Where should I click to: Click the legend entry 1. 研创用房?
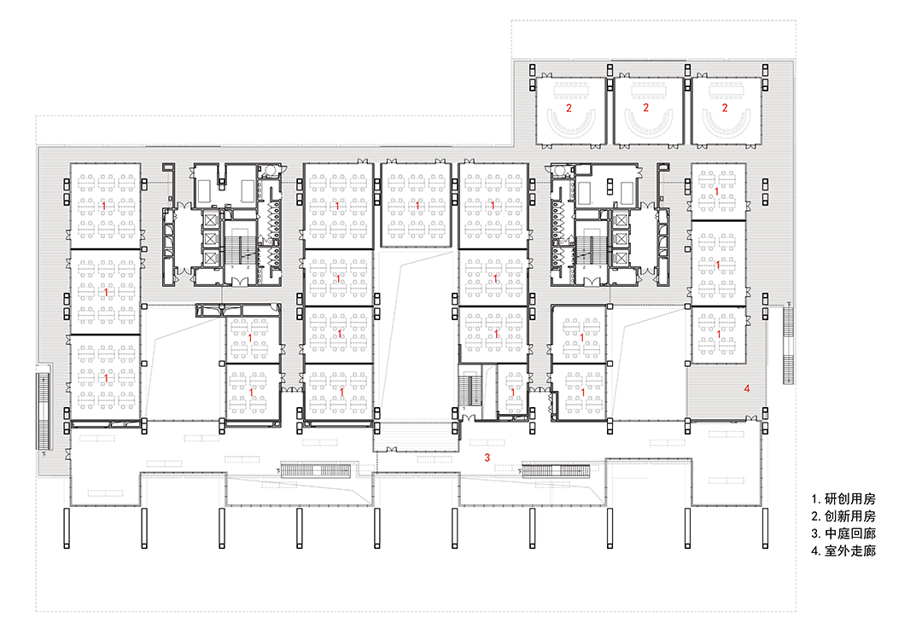pos(843,498)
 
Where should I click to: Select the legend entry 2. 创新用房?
pos(843,516)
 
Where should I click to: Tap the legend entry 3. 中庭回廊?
pos(843,533)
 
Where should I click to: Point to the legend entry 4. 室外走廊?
pos(843,551)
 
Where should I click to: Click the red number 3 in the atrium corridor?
pos(487,457)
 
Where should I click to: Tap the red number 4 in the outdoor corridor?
pos(747,388)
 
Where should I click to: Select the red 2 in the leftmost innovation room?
pos(569,108)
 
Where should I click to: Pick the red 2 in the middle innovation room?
pos(645,108)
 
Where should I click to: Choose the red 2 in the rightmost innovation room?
pos(725,108)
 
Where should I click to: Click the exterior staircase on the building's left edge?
pos(43,411)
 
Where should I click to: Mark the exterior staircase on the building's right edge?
pos(788,346)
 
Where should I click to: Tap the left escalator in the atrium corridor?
pos(316,470)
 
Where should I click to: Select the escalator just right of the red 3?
pos(556,470)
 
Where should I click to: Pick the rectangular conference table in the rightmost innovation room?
pos(727,90)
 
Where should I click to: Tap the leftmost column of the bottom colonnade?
pos(67,528)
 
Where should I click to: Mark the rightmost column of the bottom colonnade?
pos(765,528)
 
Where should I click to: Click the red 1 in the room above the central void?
pos(417,206)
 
